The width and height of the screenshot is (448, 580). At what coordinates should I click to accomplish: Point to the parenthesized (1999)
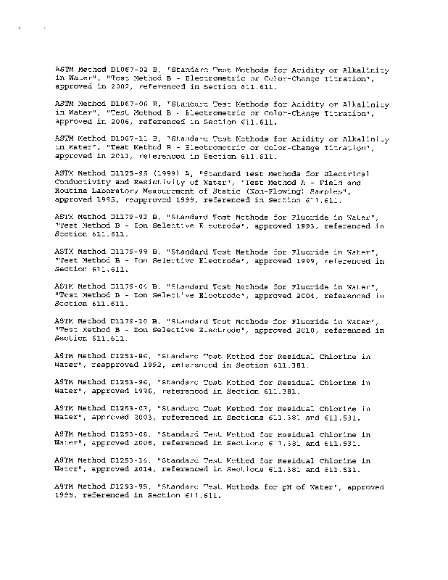165,174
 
